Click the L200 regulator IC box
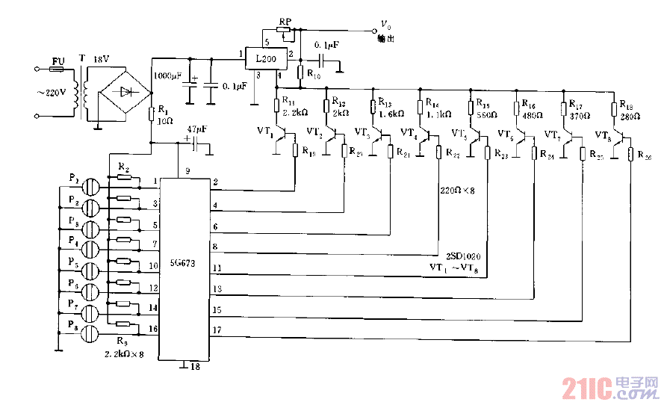coord(267,59)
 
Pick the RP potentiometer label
coord(285,22)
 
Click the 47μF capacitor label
coord(198,129)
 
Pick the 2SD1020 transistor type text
coord(463,256)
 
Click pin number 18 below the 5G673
coord(193,368)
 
